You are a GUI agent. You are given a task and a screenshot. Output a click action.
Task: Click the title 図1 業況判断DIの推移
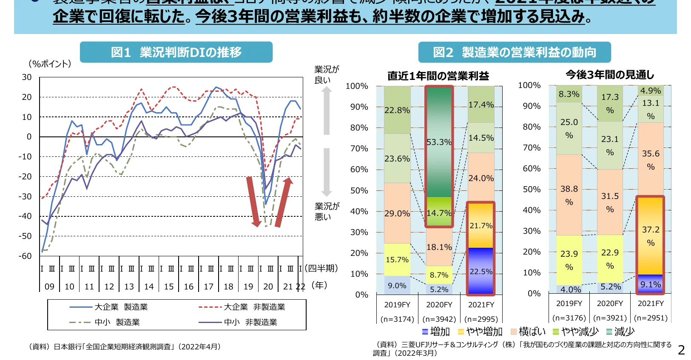[176, 52]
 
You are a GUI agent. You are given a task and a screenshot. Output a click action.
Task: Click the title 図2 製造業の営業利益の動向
[515, 52]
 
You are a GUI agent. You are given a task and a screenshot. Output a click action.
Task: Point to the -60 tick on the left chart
[25, 256]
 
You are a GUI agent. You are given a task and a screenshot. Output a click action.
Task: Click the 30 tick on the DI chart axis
[27, 77]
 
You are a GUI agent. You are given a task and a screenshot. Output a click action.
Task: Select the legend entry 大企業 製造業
[109, 307]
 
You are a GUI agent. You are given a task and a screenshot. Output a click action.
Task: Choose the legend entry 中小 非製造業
[238, 322]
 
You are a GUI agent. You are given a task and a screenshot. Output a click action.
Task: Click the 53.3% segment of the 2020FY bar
[439, 142]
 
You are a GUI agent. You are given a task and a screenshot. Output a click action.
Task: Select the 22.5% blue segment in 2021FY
[481, 271]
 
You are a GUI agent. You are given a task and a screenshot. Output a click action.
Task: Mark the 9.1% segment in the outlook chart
[651, 284]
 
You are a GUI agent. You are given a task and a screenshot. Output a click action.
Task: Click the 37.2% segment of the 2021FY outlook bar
[651, 236]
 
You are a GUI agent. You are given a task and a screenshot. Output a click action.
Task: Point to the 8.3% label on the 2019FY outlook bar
[569, 94]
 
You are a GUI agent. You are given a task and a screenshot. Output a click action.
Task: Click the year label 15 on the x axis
[169, 286]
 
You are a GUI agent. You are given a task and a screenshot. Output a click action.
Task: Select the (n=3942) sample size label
[439, 319]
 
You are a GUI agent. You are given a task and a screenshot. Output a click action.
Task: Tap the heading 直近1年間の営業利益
[438, 76]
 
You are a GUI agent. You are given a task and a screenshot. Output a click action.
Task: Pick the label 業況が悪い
[327, 211]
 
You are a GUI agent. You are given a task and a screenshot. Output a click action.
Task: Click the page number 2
[681, 350]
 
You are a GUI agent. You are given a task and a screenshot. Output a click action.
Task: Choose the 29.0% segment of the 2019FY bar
[397, 213]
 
